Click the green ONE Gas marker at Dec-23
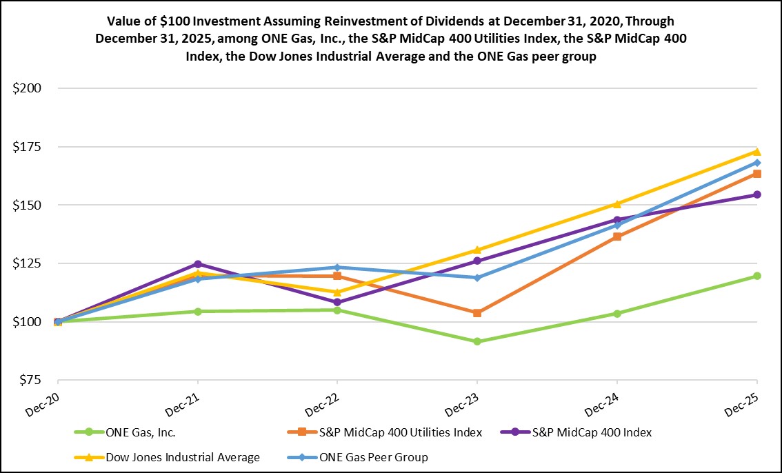pos(477,341)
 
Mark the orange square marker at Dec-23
pos(477,313)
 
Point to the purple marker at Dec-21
pos(199,264)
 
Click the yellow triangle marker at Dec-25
pos(757,152)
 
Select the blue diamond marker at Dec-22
pos(337,268)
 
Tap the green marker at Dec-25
pos(757,276)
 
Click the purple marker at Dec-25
pos(757,194)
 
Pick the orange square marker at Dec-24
pos(617,236)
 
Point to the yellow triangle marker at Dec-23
pos(477,250)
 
